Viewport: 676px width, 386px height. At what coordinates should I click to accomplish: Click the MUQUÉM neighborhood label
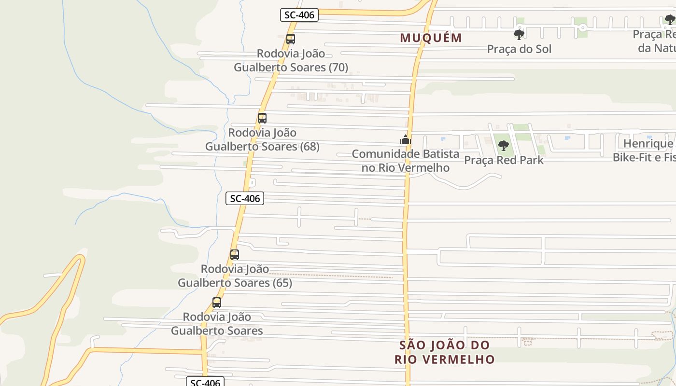click(x=431, y=38)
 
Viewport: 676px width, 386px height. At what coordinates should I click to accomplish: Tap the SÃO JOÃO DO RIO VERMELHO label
click(x=444, y=352)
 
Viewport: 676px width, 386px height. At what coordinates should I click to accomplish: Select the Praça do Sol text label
click(x=519, y=49)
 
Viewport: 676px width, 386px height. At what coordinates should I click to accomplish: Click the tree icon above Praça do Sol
click(x=519, y=34)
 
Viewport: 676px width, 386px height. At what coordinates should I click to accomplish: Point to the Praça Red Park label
click(x=504, y=160)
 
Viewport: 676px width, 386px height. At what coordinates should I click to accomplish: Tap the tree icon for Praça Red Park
click(x=504, y=145)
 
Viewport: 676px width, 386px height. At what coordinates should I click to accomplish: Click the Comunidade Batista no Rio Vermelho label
click(x=406, y=161)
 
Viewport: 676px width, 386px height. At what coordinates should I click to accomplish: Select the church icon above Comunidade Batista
click(x=405, y=140)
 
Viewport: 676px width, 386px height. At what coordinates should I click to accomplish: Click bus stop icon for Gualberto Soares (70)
click(x=291, y=39)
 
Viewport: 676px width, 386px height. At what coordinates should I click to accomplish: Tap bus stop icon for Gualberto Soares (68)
click(x=262, y=118)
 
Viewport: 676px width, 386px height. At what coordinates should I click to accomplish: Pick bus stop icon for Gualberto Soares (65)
click(x=235, y=255)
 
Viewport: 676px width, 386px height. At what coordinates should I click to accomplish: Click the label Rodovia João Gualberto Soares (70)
click(x=291, y=60)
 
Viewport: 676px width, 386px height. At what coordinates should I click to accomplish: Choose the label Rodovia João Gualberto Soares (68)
click(x=262, y=139)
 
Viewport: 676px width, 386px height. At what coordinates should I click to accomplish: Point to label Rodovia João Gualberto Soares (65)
click(x=235, y=276)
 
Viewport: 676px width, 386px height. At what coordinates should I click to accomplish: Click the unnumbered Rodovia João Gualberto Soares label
click(x=217, y=324)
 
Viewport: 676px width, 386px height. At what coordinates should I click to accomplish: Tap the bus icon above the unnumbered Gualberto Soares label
click(x=217, y=303)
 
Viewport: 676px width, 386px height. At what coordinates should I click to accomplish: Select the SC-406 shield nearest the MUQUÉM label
click(x=299, y=15)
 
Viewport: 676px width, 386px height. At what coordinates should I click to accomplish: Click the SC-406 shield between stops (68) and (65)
click(x=245, y=198)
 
